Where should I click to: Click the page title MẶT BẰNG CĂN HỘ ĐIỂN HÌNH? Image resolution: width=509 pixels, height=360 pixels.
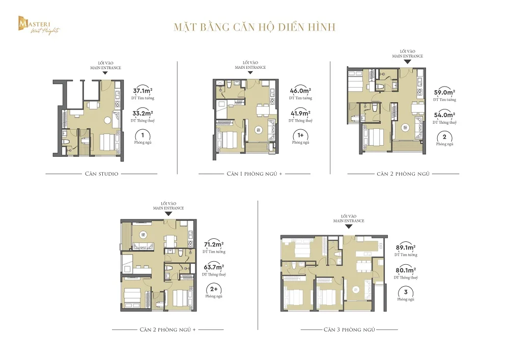[254, 26]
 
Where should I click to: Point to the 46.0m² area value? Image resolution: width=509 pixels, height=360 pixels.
[300, 91]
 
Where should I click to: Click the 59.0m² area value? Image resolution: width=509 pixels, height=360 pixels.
[444, 93]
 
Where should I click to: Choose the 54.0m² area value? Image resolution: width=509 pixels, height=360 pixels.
[444, 116]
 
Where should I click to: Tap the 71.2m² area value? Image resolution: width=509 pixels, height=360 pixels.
[213, 244]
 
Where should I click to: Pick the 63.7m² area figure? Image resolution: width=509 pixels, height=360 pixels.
[213, 267]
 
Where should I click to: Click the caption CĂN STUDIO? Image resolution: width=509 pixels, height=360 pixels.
[101, 174]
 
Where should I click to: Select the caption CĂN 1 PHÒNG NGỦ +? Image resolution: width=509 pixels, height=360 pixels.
[254, 174]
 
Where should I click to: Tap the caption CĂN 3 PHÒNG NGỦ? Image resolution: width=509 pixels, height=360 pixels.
[349, 329]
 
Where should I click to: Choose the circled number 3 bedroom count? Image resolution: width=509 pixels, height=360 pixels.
[405, 292]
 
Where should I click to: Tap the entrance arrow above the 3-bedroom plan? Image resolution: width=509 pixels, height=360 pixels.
[349, 227]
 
